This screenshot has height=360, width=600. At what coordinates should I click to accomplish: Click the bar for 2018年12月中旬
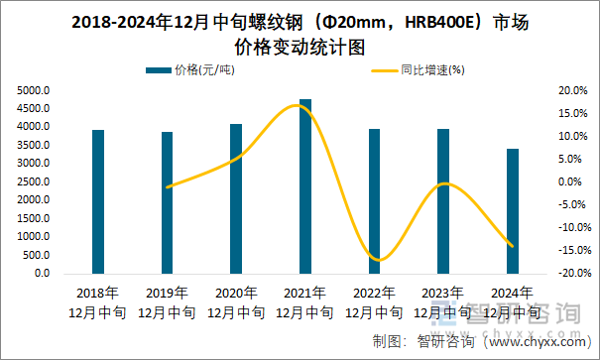(x=98, y=201)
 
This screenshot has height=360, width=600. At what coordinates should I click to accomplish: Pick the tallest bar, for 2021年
(x=305, y=186)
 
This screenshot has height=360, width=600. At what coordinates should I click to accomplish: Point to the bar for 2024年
(x=512, y=211)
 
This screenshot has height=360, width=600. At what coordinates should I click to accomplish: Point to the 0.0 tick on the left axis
(x=42, y=273)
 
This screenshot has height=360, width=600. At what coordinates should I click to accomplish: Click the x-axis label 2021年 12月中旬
(x=305, y=302)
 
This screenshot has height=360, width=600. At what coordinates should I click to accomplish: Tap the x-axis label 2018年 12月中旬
(x=98, y=302)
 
